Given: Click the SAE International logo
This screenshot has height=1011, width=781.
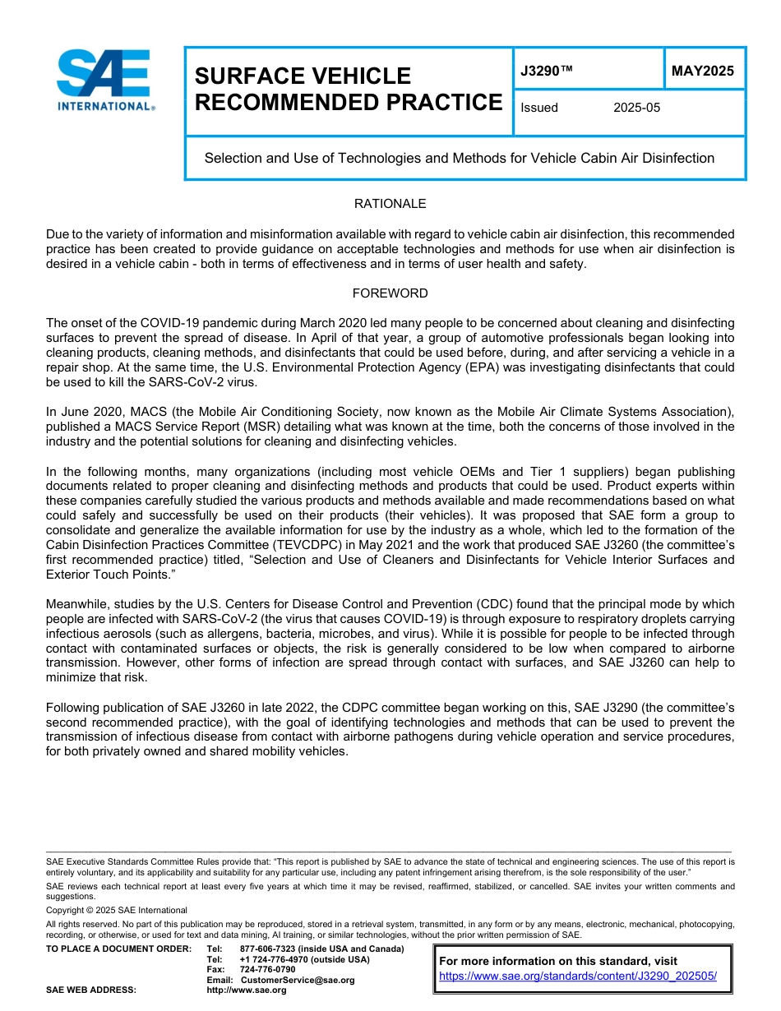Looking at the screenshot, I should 104,81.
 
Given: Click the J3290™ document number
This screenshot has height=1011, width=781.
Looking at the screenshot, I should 546,72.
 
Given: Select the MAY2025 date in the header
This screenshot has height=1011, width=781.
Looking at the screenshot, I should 703,71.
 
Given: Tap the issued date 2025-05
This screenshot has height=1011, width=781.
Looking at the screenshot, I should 636,108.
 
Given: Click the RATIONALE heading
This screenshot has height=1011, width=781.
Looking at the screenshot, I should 390,204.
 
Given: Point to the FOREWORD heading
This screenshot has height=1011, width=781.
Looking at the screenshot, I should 390,293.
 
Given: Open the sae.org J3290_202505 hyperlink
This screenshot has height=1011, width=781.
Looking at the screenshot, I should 578,976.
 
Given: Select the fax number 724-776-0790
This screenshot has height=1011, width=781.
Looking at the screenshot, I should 267,969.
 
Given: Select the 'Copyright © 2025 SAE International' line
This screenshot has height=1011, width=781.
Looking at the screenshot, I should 117,910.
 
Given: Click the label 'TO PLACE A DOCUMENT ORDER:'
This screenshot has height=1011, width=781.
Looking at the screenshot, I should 118,949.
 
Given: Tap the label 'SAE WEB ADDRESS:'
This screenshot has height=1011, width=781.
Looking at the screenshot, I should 91,990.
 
